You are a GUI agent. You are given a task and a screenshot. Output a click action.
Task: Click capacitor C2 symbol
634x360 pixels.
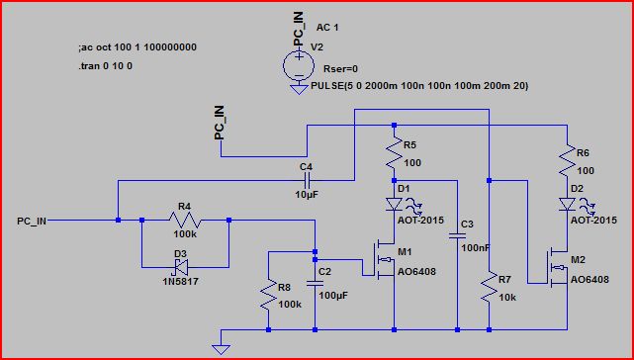pos(315,283)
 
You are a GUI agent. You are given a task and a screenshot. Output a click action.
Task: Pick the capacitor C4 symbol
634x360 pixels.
pos(308,181)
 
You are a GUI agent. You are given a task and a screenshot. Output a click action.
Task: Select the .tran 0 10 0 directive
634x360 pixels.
pos(105,65)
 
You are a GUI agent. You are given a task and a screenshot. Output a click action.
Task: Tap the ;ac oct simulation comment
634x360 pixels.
pos(136,47)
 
